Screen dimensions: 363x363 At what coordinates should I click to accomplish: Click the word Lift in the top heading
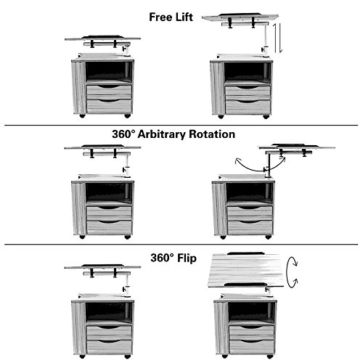click(184, 17)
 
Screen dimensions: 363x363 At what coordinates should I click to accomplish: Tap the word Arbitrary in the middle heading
click(162, 134)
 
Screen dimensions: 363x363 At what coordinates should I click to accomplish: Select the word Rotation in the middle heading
click(212, 134)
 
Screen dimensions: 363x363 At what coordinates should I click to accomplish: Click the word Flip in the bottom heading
click(187, 258)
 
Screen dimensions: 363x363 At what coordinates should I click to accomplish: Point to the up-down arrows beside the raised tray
click(278, 38)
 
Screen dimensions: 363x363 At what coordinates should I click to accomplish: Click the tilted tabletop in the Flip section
click(245, 270)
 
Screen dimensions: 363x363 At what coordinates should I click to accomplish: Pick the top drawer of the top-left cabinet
click(109, 90)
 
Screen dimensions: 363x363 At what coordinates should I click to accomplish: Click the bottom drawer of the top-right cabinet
click(248, 107)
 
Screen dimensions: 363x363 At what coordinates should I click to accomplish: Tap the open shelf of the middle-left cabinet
click(109, 192)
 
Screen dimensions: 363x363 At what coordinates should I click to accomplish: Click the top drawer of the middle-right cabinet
click(250, 211)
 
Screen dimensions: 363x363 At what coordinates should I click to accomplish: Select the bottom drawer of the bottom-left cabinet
click(109, 347)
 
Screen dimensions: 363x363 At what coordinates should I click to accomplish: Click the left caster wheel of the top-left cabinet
click(82, 116)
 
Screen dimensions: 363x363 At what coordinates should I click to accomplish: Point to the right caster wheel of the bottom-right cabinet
click(270, 356)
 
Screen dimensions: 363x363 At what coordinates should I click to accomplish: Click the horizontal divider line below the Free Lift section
click(181, 126)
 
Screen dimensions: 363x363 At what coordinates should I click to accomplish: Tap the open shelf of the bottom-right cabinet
click(252, 311)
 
